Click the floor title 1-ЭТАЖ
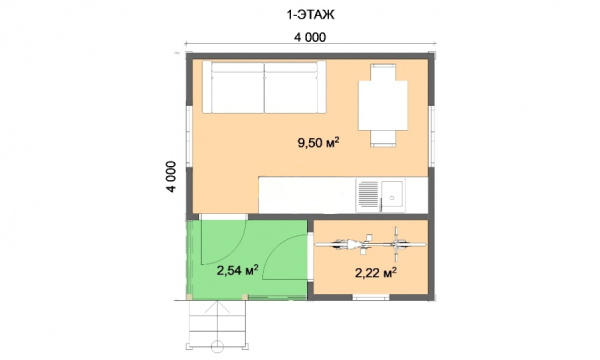pos(310,15)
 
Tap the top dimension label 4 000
pos(310,37)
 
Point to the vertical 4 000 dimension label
pos(171,176)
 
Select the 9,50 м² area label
pos(319,143)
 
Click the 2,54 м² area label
pos(238,270)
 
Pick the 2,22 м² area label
pos(376,273)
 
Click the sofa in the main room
pos(264,87)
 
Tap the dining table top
pos(383,106)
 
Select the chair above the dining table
pos(383,73)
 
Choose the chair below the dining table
pos(383,138)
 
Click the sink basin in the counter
pos(392,195)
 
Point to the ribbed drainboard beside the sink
pos(368,195)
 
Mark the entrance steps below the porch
pos(217,324)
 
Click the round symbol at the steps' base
pos(217,346)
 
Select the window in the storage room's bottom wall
pos(371,297)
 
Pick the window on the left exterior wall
pos(189,136)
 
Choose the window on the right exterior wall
pos(432,136)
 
